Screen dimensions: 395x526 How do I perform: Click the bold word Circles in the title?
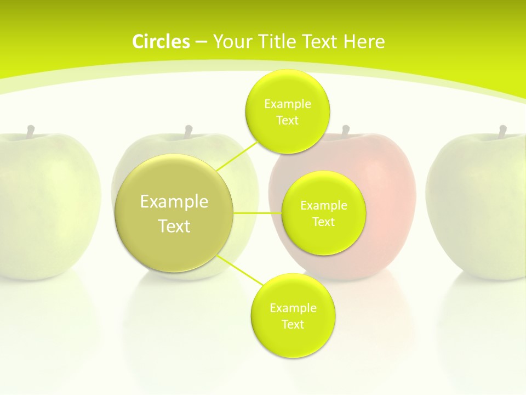tap(161, 42)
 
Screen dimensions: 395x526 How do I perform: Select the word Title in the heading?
tap(277, 42)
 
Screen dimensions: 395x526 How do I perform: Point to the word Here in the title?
tap(364, 42)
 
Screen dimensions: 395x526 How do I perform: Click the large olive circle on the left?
tap(174, 213)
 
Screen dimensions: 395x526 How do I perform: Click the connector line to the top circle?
tap(237, 156)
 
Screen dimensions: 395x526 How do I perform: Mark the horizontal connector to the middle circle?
tap(258, 213)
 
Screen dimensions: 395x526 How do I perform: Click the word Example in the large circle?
tap(174, 202)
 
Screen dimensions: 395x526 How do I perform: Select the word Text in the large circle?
tap(174, 226)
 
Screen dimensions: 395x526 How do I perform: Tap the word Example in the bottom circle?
tap(293, 308)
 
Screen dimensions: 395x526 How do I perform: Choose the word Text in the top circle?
tap(288, 120)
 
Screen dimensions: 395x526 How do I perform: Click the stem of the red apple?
tap(346, 131)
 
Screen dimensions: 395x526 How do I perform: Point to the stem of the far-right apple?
tap(502, 131)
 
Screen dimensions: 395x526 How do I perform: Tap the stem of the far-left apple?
tap(31, 131)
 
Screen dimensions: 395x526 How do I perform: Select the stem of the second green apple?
tap(188, 131)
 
